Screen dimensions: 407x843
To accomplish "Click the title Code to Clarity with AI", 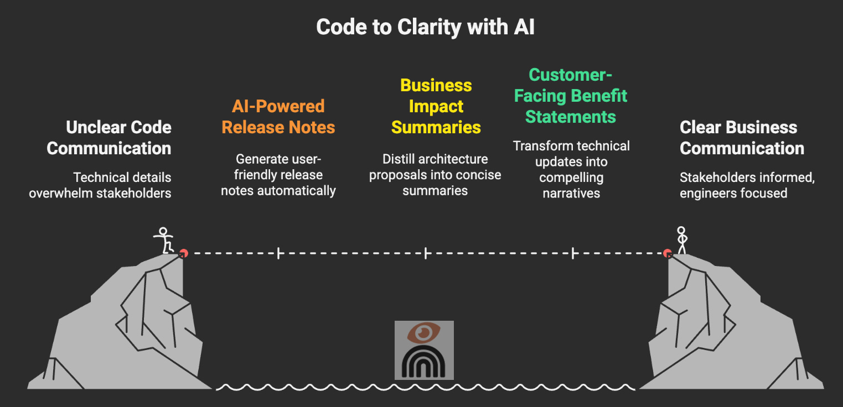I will (425, 27).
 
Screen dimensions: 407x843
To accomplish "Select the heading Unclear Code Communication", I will (109, 138).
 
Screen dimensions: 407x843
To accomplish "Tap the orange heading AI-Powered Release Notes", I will (278, 117).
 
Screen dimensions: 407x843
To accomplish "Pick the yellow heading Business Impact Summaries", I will (436, 106).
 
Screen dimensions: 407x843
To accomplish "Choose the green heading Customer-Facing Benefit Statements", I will (571, 96).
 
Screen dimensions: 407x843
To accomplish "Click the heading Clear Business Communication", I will (742, 138).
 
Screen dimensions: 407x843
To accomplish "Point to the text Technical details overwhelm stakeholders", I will (100, 185).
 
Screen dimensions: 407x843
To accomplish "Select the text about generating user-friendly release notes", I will (278, 175).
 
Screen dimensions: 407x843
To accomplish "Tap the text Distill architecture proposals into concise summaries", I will (435, 175).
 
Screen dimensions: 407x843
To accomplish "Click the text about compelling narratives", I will (571, 170).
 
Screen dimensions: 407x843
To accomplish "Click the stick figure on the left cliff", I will (163, 241).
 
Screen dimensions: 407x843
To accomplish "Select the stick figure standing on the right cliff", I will (682, 240).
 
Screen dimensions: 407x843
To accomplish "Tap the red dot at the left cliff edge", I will (183, 253).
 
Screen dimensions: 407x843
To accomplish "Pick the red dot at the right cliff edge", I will (668, 253).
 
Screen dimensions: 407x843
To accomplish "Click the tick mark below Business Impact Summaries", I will (426, 254).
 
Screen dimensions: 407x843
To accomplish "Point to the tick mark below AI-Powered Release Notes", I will (278, 254).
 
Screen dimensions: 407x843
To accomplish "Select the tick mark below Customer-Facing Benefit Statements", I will (573, 254).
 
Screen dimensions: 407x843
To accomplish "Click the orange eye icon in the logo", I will (424, 333).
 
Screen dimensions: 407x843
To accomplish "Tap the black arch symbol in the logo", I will (424, 363).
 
